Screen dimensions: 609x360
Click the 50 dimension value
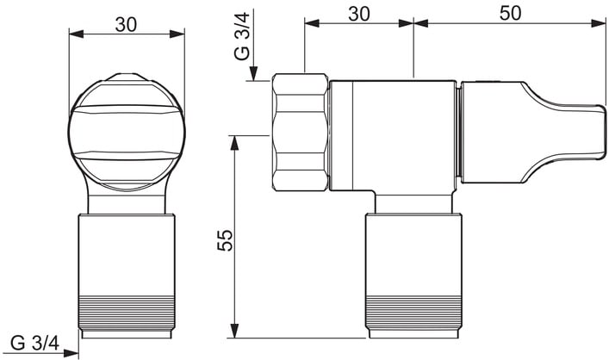[x=510, y=13]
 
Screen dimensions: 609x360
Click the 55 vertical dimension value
[x=226, y=240]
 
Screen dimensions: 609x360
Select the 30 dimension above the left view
[x=127, y=25]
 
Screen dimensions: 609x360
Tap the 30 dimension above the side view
[x=359, y=14]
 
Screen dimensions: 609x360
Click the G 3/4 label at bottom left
[x=35, y=344]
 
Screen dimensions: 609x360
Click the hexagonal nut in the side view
[x=301, y=132]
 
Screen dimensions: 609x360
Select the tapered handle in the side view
[x=533, y=132]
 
